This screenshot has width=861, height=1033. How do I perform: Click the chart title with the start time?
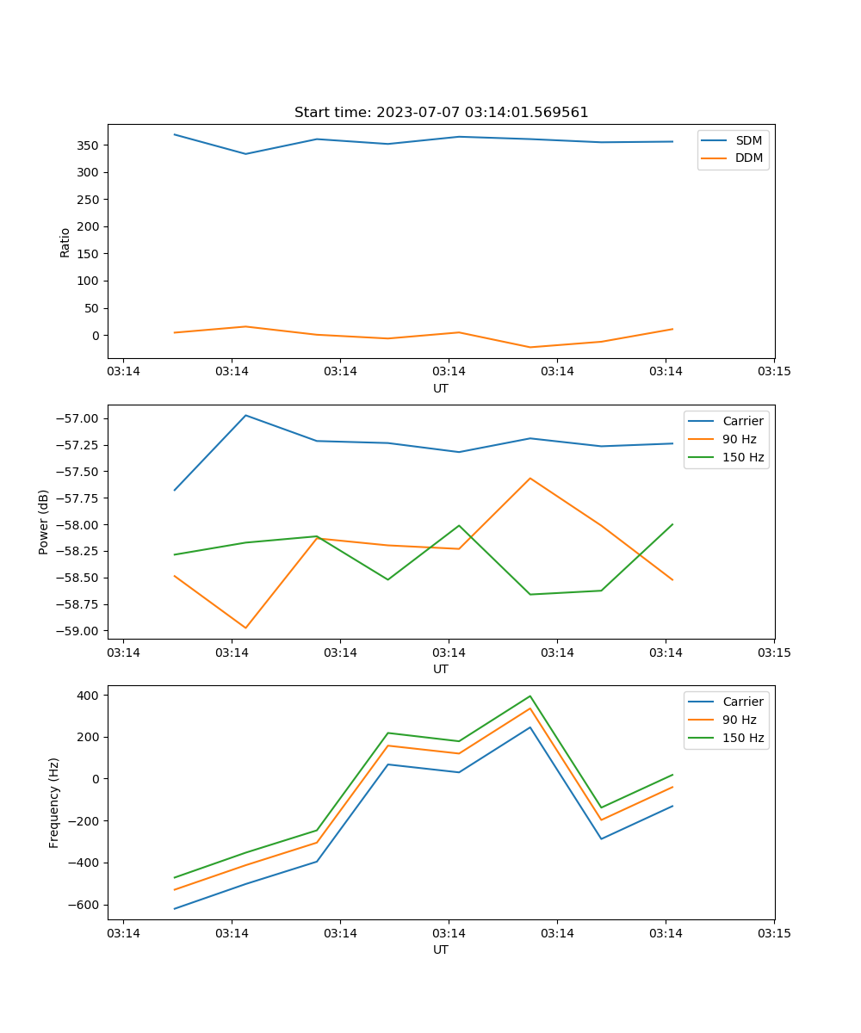point(441,113)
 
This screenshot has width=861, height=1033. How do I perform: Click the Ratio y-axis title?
point(65,242)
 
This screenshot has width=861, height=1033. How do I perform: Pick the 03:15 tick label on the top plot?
point(773,372)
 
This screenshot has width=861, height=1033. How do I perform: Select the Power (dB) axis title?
point(44,522)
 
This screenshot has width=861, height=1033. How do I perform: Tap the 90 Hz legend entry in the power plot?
point(740,439)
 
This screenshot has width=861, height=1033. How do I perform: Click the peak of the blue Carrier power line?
point(245,415)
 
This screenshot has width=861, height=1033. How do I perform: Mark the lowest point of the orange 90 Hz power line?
point(245,628)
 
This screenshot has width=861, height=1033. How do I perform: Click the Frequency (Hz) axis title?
point(54,802)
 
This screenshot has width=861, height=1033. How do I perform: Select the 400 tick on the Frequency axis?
point(90,695)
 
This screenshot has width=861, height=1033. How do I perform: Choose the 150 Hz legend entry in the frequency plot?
point(743,738)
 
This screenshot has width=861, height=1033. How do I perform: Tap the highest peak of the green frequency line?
point(530,696)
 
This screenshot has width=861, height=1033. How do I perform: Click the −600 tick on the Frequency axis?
point(85,905)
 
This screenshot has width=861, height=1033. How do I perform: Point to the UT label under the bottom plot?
point(441,949)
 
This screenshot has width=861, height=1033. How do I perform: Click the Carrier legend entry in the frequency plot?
point(742,702)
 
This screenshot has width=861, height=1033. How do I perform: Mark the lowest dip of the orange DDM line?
point(530,347)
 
